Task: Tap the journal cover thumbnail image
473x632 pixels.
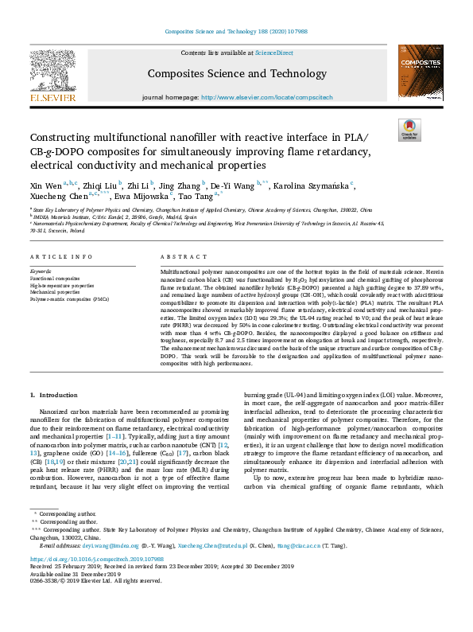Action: (421, 72)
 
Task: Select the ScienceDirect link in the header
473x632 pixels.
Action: (273, 53)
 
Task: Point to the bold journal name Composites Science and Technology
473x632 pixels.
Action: (236, 74)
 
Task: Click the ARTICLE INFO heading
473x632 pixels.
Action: (54, 258)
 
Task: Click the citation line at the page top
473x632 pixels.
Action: (236, 31)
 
